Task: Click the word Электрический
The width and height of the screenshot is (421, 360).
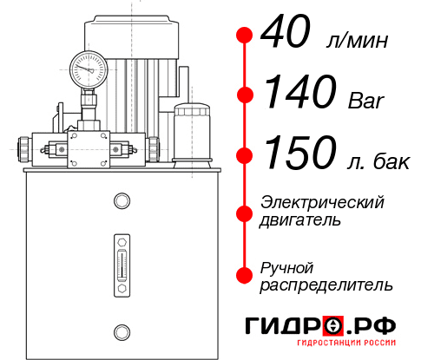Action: (322, 201)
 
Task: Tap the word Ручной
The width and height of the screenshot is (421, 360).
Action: (286, 266)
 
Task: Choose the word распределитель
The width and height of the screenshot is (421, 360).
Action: (326, 285)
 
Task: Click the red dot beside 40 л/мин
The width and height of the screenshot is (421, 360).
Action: (245, 36)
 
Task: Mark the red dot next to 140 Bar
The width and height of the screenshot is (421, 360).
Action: (245, 95)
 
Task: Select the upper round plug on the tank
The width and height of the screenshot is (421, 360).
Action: (121, 201)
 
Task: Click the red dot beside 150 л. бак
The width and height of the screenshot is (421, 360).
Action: (245, 155)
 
